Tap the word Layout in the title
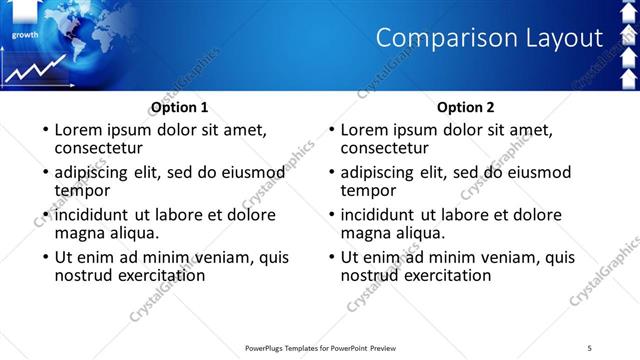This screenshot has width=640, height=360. pos(562,38)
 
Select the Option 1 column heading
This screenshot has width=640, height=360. pos(179,108)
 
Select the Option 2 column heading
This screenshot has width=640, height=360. pos(465,108)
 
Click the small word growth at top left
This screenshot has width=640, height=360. pos(25,35)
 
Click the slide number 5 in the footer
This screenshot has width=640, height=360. pos(590,347)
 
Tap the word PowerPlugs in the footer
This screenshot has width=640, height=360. pos(267,347)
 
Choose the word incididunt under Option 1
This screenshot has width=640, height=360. pos(93,215)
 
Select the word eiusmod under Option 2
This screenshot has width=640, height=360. pos(533,172)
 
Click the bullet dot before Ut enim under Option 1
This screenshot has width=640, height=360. pos(45,258)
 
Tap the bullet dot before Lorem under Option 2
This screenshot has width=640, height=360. pos(331,131)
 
